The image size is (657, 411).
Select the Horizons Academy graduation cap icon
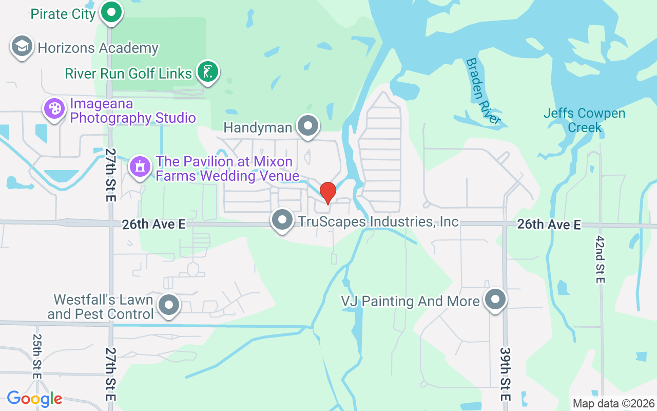pos(22,47)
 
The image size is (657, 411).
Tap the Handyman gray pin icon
pos(308,126)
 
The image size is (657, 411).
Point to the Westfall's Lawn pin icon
pos(169,305)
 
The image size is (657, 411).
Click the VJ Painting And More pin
pos(495,300)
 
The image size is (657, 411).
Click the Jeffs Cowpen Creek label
pos(585,120)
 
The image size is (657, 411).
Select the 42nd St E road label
pos(601,259)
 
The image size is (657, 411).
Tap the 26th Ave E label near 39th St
pos(549,225)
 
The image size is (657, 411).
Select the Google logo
pos(34,398)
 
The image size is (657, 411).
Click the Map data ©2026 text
pos(614,403)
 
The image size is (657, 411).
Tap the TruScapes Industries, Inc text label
pos(378,221)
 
